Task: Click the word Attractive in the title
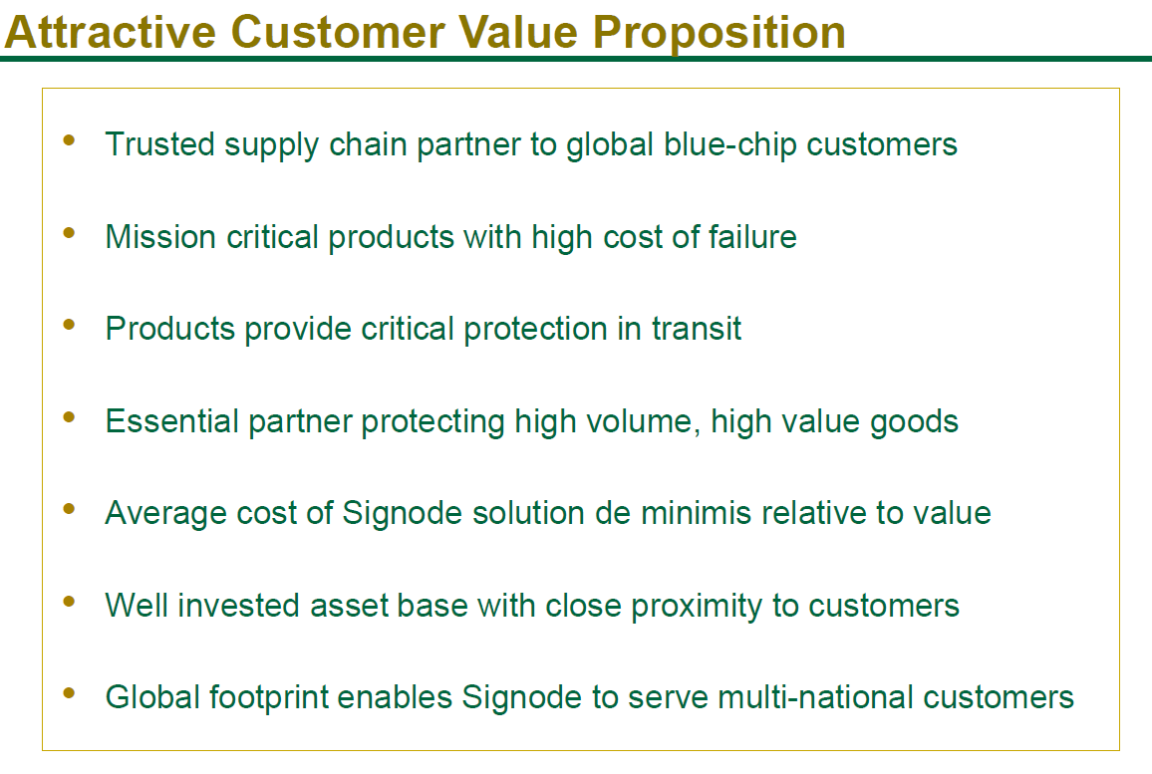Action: coord(111,32)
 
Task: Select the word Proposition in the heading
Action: coord(720,35)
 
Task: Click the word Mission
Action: coord(160,236)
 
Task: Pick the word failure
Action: coord(752,236)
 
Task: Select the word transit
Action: coord(697,329)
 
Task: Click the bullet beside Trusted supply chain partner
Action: coord(70,140)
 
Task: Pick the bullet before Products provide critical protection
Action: coord(70,325)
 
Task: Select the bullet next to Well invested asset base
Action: coord(70,602)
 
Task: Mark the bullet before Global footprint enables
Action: coord(70,692)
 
